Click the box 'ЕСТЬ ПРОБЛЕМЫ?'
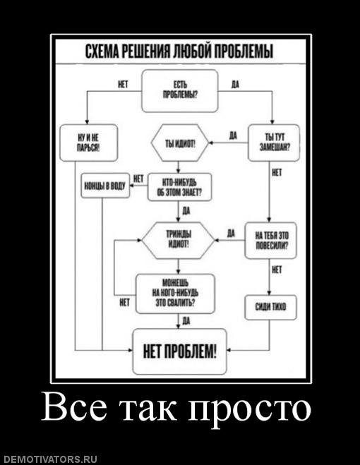tap(180, 91)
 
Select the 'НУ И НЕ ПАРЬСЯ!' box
tap(89, 143)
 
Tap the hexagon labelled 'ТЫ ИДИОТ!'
tap(180, 143)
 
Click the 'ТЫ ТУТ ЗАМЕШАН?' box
tap(274, 143)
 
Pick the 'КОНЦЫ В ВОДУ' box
tap(105, 186)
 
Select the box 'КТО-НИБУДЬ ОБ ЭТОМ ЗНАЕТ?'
tap(180, 188)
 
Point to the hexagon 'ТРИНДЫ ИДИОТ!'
tap(178, 240)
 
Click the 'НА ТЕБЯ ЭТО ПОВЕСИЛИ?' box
tap(270, 240)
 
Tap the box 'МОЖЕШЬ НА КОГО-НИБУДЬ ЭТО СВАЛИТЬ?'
tap(175, 294)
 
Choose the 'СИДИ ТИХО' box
tap(270, 307)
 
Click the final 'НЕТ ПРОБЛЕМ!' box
tap(179, 351)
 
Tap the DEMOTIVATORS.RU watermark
tap(49, 459)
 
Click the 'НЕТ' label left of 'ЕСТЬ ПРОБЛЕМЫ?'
tap(123, 85)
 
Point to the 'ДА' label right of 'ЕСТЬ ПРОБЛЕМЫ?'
tap(235, 85)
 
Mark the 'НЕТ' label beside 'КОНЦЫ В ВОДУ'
tap(138, 179)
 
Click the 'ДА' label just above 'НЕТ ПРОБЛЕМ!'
tap(186, 321)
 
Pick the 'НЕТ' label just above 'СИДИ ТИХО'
tap(277, 270)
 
